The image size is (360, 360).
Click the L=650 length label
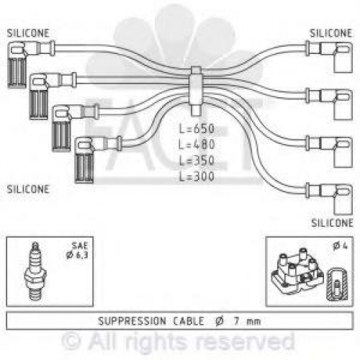click(197, 129)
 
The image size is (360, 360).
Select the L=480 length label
click(197, 145)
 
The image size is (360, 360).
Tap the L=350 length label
click(197, 161)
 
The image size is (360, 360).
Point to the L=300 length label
click(197, 176)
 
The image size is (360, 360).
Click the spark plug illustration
click(35, 271)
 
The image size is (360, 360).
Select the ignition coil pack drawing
click(297, 271)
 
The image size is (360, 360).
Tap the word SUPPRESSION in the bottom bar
click(132, 321)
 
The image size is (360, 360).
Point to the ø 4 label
click(341, 246)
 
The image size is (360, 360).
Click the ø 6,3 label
click(77, 256)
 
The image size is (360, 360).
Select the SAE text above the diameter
click(80, 246)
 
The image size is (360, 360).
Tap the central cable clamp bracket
click(196, 91)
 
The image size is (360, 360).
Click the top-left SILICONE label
click(28, 33)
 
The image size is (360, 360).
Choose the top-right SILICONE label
click(331, 33)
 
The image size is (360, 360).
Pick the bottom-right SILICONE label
click(332, 223)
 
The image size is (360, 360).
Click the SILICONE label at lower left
click(28, 189)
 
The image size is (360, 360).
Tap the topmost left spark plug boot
click(17, 64)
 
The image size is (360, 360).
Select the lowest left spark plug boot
click(84, 160)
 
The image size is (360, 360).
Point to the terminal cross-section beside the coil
click(337, 284)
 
